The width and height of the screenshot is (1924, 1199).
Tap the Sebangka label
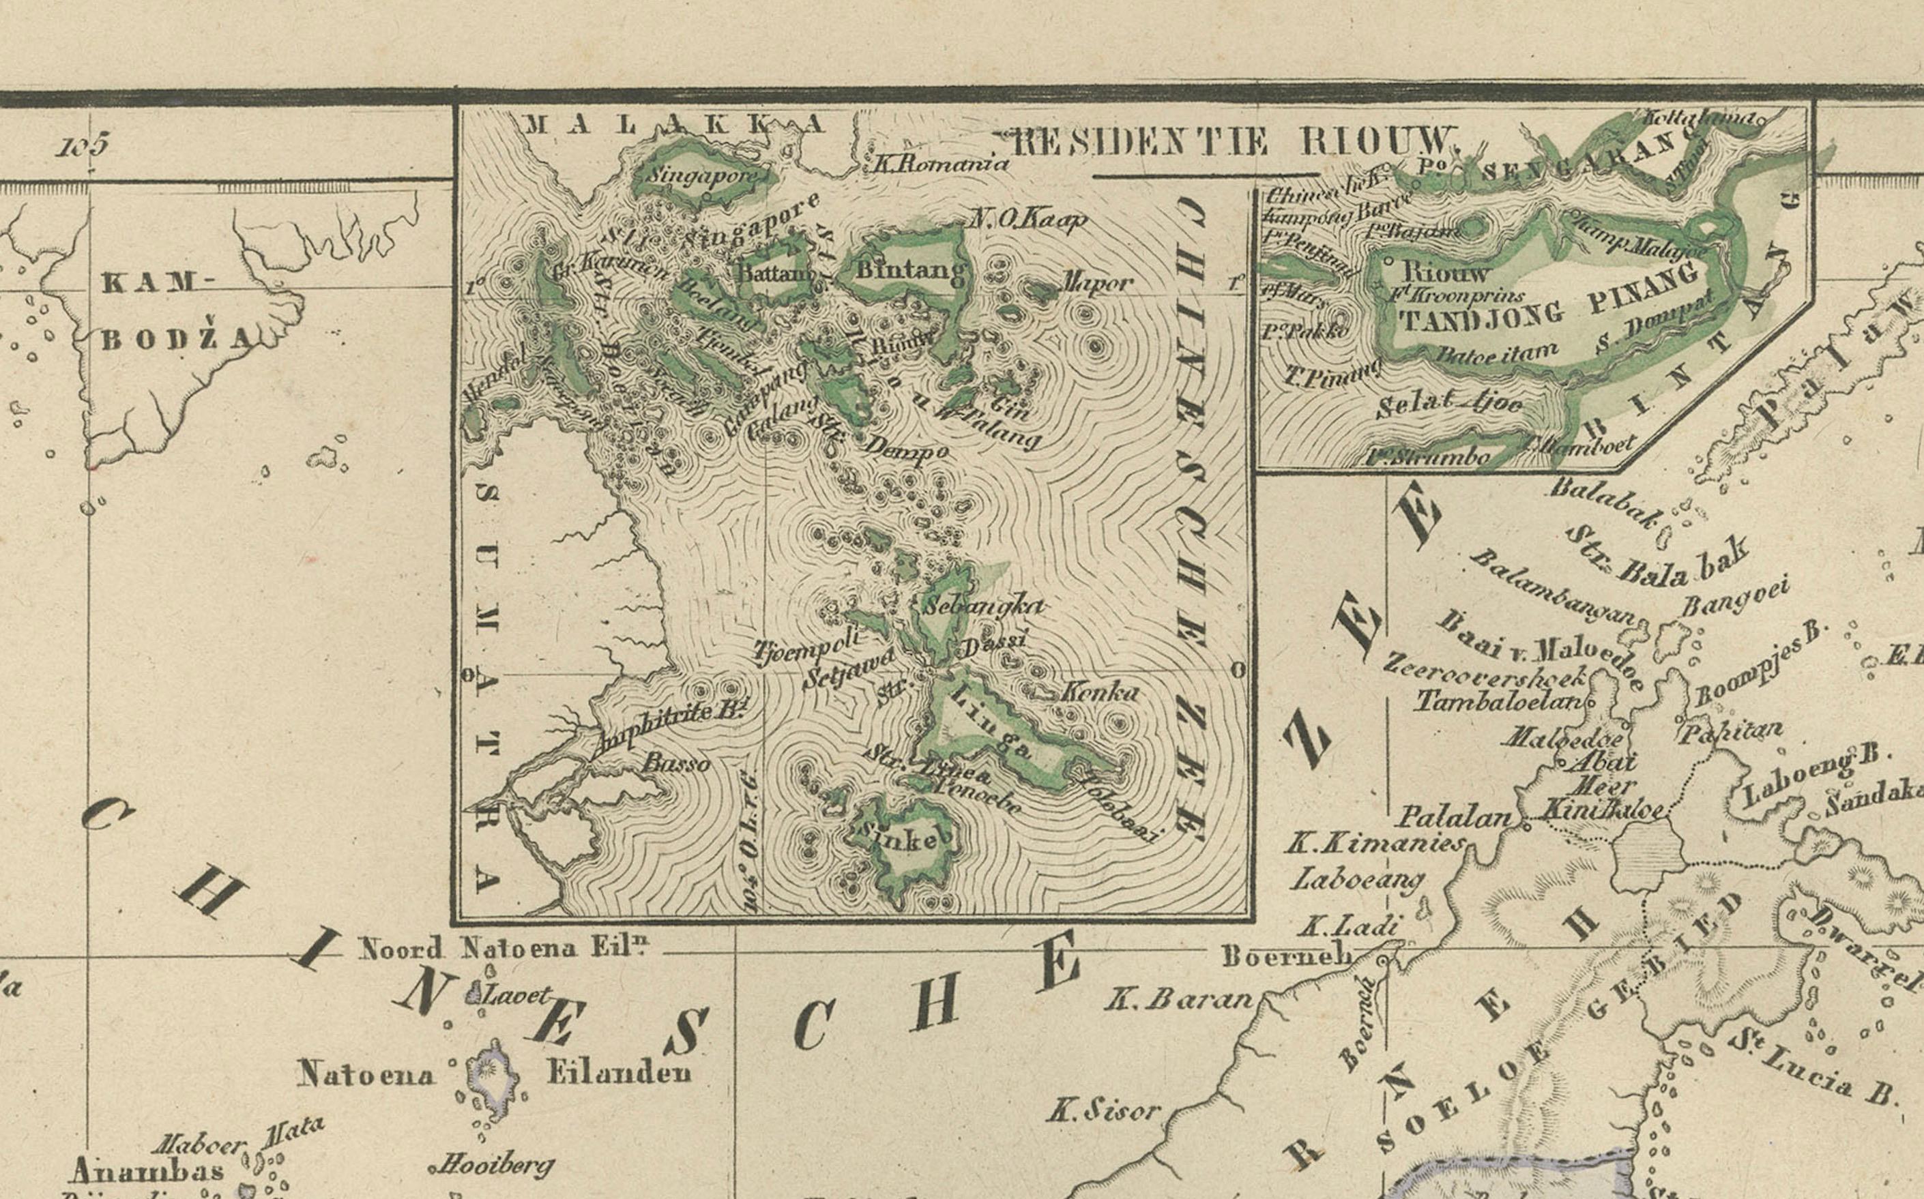982,606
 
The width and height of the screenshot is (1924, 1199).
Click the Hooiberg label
493,1164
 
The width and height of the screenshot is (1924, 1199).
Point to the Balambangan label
1554,587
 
